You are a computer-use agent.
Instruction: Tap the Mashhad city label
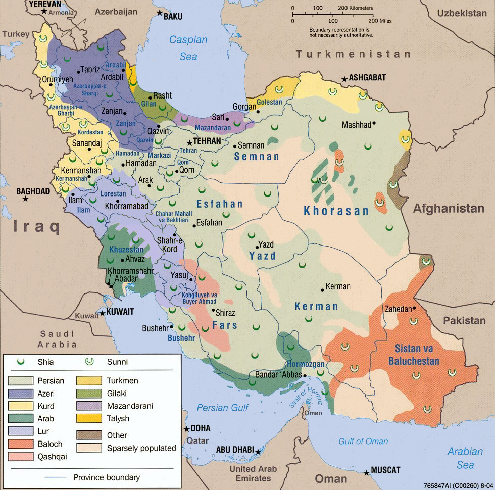[x=357, y=124]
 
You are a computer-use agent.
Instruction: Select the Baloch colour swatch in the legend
[x=21, y=444]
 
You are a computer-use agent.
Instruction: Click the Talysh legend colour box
[x=89, y=418]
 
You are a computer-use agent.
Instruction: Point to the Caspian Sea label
[x=188, y=48]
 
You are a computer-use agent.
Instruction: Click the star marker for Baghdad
[x=25, y=200]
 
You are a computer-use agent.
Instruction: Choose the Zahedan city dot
[x=414, y=308]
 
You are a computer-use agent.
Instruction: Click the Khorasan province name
[x=336, y=211]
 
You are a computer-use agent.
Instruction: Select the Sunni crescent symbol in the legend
[x=89, y=361]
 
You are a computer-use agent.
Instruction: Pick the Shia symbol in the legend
[x=21, y=361]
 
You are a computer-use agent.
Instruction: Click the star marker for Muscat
[x=366, y=473]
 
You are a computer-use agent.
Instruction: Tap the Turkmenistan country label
[x=353, y=54]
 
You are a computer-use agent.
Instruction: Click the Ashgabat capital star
[x=344, y=79]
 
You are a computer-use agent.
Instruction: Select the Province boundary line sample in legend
[x=56, y=477]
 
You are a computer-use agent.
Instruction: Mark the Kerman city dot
[x=322, y=290]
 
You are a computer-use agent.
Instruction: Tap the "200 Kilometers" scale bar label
[x=355, y=8]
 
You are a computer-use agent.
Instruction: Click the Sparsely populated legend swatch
[x=89, y=448]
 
